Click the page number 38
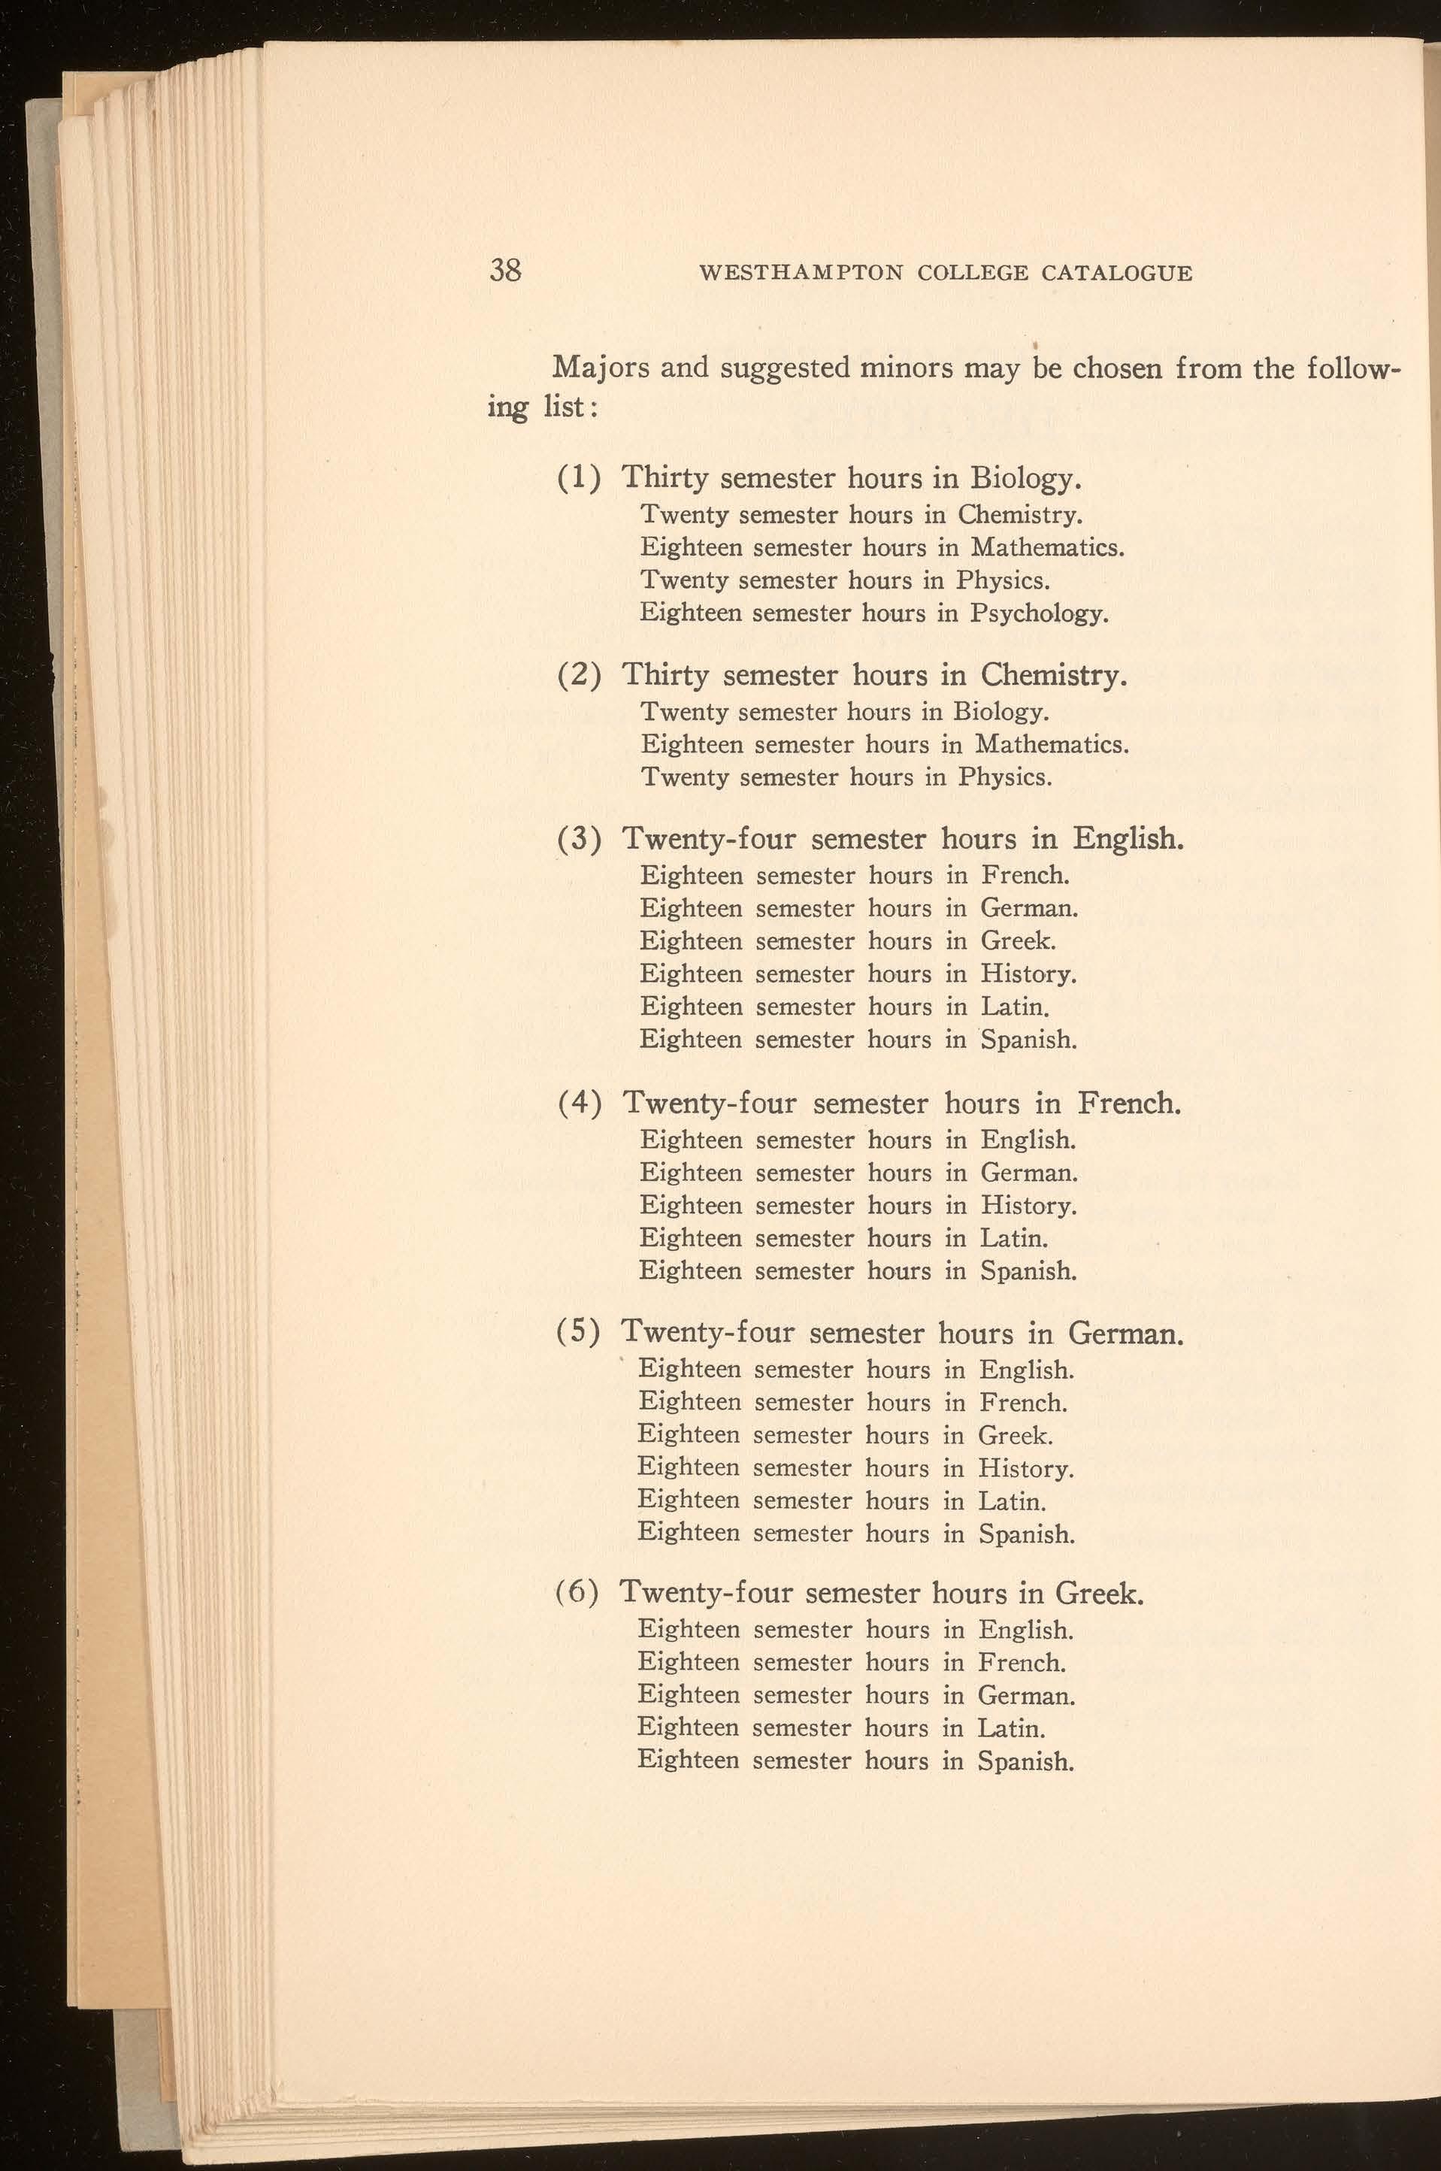tap(505, 270)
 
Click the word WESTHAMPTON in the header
tap(801, 273)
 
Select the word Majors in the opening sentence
tap(598, 368)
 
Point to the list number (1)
tap(580, 478)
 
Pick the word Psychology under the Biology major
tap(1039, 613)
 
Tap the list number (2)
tap(580, 676)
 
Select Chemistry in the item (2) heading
tap(1053, 676)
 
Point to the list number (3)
tap(580, 839)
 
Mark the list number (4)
tap(580, 1103)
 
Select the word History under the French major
tap(1028, 1206)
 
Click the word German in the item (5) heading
tap(1126, 1334)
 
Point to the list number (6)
tap(578, 1594)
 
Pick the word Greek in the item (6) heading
tap(1098, 1594)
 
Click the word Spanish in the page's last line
tap(1025, 1762)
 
